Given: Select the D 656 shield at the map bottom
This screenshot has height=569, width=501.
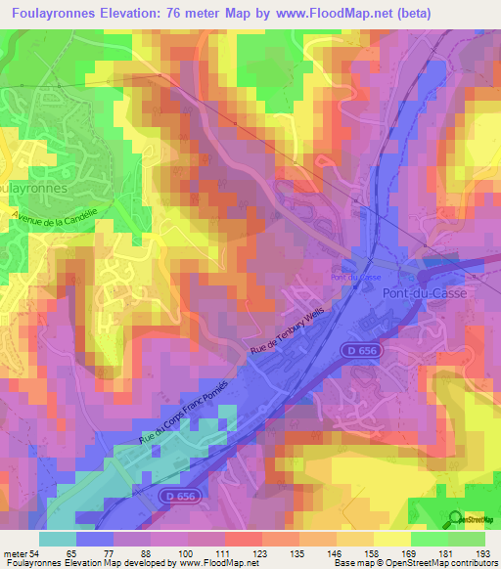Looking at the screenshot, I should pyautogui.click(x=176, y=497).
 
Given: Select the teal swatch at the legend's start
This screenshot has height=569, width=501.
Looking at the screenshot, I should pyautogui.click(x=58, y=539).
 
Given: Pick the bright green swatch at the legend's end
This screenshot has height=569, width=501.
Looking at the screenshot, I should pyautogui.click(x=467, y=539).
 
